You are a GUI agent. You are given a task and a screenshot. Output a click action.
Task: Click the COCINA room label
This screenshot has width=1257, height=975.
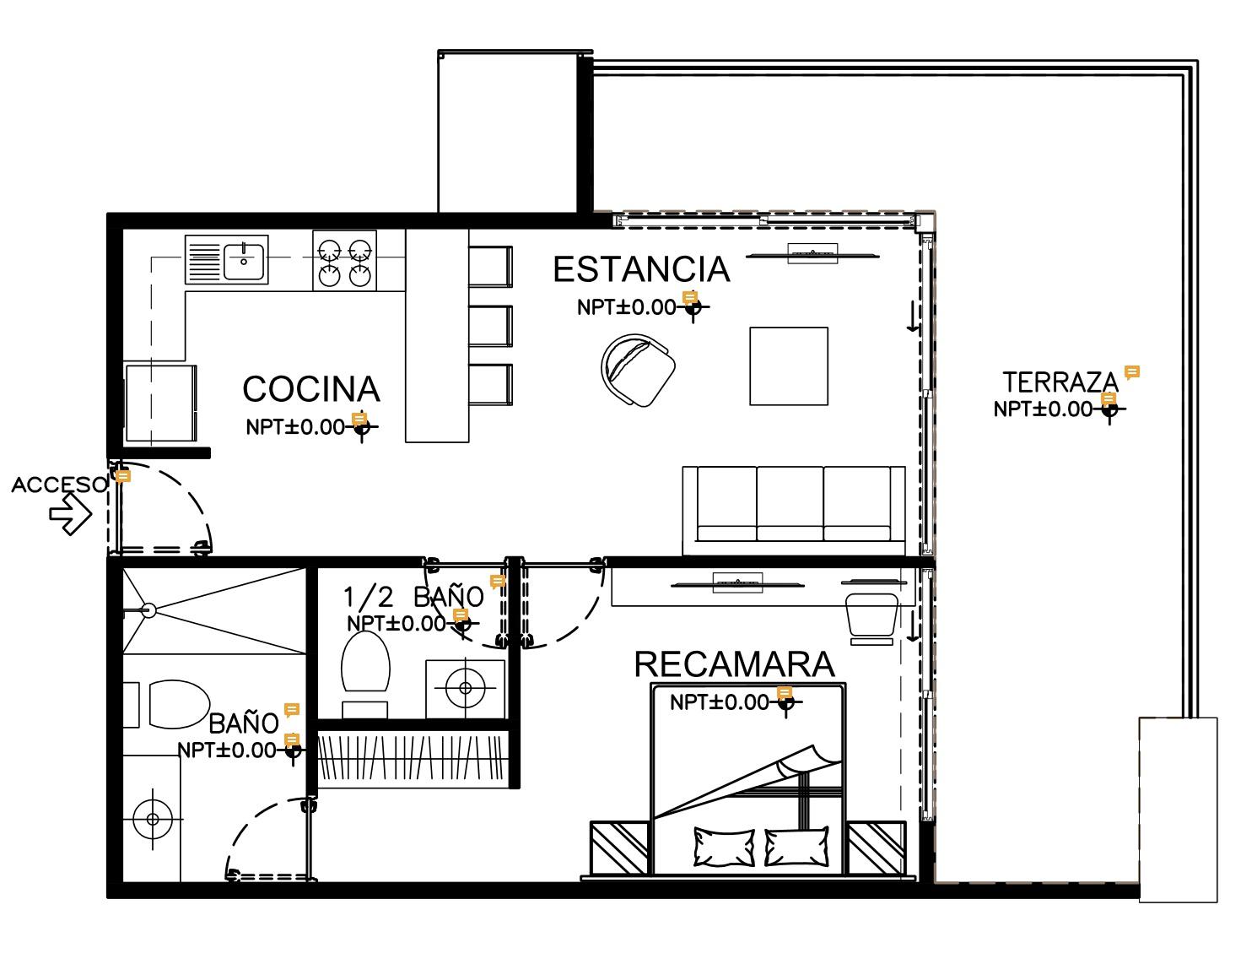[x=311, y=389]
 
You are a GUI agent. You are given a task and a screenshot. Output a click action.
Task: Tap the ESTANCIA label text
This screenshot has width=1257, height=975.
[x=641, y=269]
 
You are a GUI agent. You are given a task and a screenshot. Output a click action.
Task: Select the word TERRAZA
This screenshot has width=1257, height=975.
[x=1060, y=382]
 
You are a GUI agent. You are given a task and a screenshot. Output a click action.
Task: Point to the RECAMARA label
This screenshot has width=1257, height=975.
[x=735, y=664]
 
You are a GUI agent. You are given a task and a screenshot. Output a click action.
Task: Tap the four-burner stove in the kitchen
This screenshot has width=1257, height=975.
[x=345, y=260]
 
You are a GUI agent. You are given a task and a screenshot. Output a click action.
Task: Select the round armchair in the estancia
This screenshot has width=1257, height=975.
[x=638, y=370]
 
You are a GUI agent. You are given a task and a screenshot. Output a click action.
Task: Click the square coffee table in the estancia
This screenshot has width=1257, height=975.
[x=789, y=366]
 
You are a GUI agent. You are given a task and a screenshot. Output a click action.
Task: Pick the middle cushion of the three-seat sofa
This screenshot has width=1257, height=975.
[x=790, y=504]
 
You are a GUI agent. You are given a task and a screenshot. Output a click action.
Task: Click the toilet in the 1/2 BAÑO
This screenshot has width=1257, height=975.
[x=365, y=662]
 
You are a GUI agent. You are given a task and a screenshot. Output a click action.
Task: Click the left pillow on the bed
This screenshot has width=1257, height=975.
[x=724, y=848]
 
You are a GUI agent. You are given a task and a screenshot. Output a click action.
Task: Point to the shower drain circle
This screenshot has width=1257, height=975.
[x=148, y=610]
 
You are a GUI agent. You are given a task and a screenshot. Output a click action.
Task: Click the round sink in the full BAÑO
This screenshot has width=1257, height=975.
[x=153, y=820]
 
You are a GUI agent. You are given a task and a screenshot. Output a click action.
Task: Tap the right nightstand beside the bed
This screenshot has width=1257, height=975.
[x=877, y=848]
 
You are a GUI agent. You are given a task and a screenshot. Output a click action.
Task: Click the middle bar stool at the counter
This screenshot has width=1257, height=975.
[x=490, y=327]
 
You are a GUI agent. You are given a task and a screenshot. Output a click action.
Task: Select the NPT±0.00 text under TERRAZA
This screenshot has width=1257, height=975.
[x=1043, y=409]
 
